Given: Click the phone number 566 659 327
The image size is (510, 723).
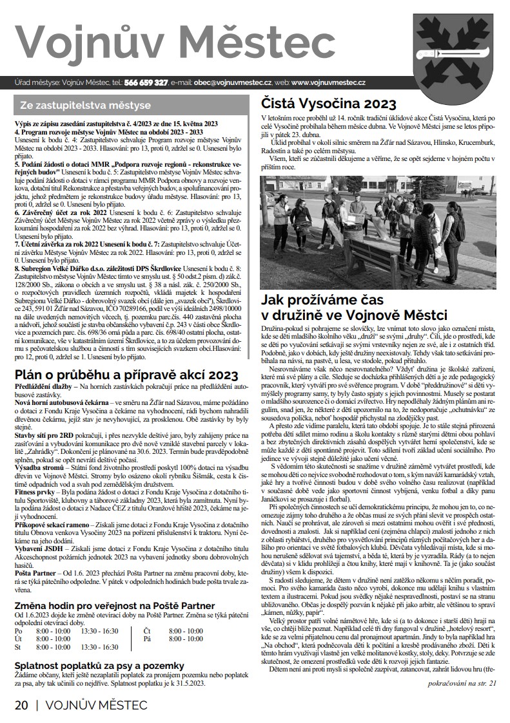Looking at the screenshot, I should (146, 82).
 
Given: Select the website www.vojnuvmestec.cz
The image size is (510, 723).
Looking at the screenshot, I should (329, 82).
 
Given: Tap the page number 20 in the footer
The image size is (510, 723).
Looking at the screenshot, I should (21, 705).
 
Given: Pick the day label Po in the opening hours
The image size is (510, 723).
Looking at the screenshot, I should (19, 632).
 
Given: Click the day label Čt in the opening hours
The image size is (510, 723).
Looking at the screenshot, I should (148, 632).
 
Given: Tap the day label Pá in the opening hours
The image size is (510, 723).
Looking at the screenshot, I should (148, 639).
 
